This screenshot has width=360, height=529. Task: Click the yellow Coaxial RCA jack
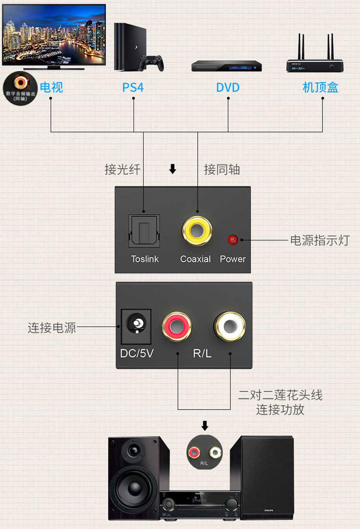coord(197,231)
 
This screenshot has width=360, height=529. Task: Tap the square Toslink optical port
coord(144,231)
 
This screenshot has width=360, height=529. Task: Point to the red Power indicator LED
coord(232,240)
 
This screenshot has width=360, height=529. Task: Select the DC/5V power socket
coord(136,326)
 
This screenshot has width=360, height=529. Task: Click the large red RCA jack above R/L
coord(177,326)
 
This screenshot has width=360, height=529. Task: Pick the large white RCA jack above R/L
coord(230,326)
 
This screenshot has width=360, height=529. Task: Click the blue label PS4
coord(133,87)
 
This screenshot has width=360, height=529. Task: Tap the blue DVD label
coord(228,87)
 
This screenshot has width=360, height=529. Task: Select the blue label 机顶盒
coord(320,87)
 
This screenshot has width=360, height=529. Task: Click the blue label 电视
coord(51,87)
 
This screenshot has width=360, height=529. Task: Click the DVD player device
coord(226,66)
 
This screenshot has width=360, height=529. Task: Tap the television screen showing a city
coord(54,34)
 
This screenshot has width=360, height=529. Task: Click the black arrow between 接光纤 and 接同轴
coord(173,169)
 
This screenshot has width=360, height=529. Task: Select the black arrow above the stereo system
coord(205,426)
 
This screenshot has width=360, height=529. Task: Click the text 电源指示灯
coord(319,240)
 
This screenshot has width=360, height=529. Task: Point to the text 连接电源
coord(51,328)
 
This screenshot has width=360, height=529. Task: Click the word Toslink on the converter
coord(145,259)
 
